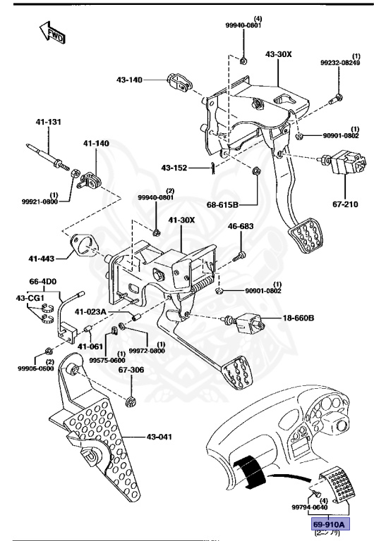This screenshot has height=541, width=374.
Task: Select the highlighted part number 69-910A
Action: click(x=330, y=525)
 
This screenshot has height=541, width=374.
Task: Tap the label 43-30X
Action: click(x=278, y=54)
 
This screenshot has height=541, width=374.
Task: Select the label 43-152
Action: click(x=175, y=168)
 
